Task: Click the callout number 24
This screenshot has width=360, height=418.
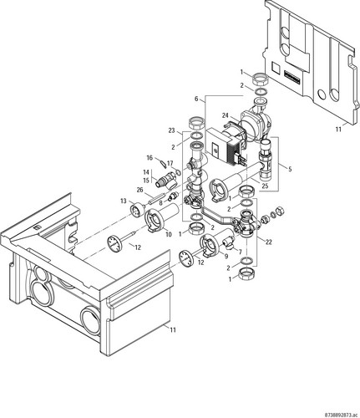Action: (x=226, y=115)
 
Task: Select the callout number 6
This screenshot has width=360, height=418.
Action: (x=196, y=99)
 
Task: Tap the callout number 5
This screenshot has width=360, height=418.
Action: (x=290, y=169)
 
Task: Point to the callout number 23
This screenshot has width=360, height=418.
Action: (x=171, y=130)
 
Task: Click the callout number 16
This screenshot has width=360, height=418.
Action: (x=150, y=158)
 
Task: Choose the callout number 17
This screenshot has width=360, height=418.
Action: (x=170, y=163)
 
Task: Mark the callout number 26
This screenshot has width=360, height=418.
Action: (x=139, y=190)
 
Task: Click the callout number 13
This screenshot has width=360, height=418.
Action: (x=124, y=201)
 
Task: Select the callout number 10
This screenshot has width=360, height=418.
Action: (x=169, y=234)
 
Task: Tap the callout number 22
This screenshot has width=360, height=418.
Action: (x=268, y=242)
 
